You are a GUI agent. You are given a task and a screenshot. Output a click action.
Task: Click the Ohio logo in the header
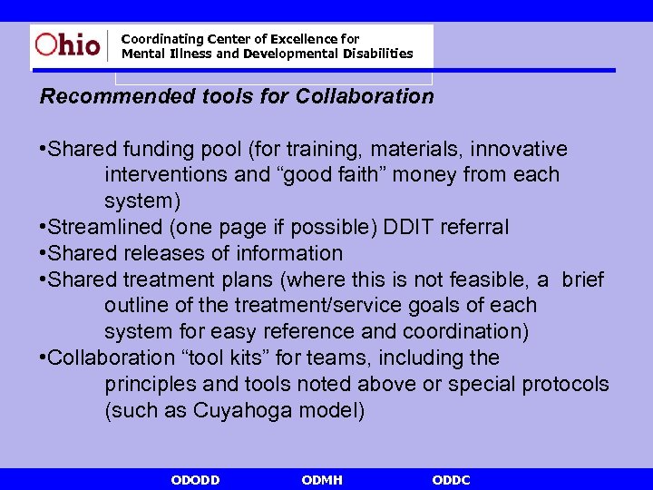[x=68, y=45]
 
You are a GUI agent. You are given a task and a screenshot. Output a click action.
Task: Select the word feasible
[x=502, y=279]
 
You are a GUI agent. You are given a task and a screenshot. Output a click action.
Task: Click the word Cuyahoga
[x=246, y=411]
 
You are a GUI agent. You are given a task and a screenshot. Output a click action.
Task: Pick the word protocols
[x=565, y=385]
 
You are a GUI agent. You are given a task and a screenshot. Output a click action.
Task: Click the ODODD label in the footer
[x=195, y=479]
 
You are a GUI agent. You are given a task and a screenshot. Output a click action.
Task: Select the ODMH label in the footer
[x=322, y=479]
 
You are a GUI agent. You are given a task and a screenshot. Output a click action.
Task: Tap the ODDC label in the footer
[x=452, y=479]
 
